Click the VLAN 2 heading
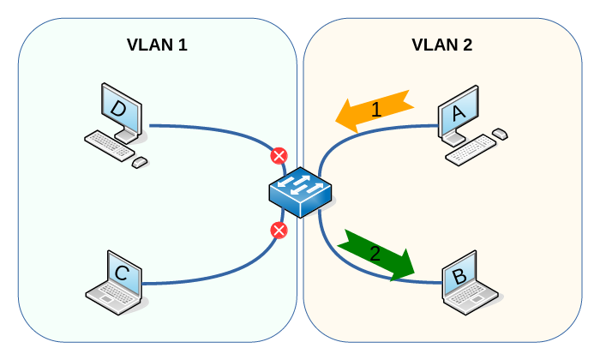441,45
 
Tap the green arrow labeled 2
378,255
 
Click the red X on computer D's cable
279,156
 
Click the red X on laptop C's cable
278,230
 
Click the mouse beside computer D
139,161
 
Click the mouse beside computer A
499,134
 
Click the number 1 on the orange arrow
375,110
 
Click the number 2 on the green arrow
374,253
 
